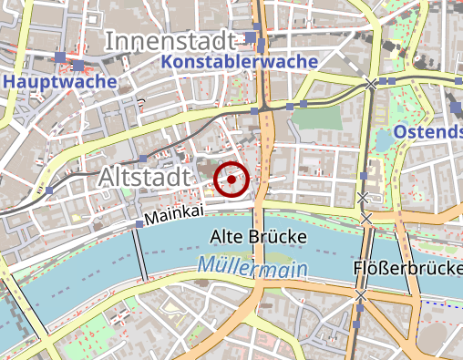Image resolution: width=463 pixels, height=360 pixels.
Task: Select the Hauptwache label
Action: click(x=60, y=81)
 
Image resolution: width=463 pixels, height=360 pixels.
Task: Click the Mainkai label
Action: click(x=172, y=219)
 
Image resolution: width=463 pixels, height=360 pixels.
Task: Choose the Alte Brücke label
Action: click(x=259, y=237)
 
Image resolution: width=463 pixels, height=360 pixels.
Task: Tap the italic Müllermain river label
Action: click(x=252, y=268)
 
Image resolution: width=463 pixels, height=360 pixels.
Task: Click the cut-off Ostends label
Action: click(x=427, y=134)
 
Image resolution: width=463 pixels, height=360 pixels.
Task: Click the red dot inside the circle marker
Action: click(x=232, y=180)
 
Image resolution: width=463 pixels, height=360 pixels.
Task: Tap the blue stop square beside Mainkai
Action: click(x=139, y=223)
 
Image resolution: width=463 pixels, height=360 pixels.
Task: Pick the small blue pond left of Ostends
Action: click(x=381, y=139)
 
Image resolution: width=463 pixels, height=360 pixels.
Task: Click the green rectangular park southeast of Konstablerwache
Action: click(x=314, y=118)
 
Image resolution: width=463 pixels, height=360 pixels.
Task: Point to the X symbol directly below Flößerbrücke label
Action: click(x=361, y=295)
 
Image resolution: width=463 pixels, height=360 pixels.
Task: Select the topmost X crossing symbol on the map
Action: click(x=370, y=84)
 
